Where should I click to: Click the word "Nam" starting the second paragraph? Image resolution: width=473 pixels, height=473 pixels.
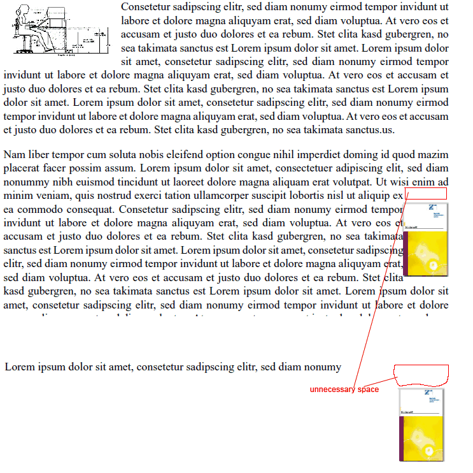click(x=14, y=155)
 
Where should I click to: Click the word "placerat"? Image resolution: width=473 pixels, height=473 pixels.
click(x=22, y=168)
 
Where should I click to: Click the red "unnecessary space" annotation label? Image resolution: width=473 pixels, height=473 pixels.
click(x=344, y=389)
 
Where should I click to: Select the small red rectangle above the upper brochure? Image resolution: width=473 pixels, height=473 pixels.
click(x=426, y=194)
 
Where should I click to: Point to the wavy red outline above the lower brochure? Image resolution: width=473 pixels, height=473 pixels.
click(x=421, y=375)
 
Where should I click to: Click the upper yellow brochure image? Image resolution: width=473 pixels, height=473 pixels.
click(x=426, y=240)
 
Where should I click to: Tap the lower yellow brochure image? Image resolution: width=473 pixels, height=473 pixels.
click(x=421, y=425)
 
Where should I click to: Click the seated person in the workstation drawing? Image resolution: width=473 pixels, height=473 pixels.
click(x=25, y=29)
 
